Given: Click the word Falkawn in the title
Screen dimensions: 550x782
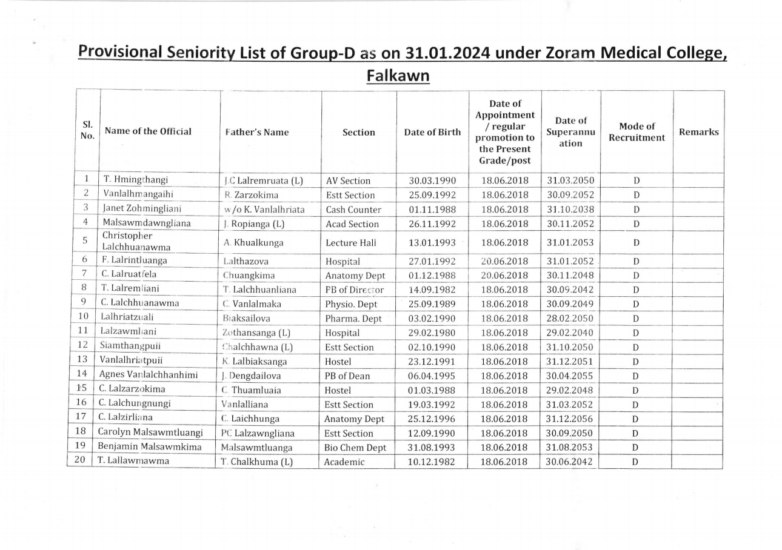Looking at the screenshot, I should tap(398, 76).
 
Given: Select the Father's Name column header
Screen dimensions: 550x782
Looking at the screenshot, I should tap(257, 132).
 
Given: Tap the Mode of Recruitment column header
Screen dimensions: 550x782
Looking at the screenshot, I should tap(637, 132).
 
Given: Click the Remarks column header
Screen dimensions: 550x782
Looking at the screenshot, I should tap(698, 132).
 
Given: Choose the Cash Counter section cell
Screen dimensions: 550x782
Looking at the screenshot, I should tap(353, 210).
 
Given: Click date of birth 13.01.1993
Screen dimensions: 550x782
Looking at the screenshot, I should tap(432, 242).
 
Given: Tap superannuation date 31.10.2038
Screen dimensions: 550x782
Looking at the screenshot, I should tap(570, 210).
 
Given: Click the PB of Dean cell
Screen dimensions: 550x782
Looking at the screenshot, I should tap(348, 376).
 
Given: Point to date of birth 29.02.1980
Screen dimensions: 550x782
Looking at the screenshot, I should tap(432, 333).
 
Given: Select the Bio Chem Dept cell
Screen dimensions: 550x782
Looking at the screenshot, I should tap(355, 448).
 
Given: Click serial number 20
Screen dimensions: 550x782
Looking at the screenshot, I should tap(79, 460).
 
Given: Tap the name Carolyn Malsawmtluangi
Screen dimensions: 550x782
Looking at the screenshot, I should tap(150, 432).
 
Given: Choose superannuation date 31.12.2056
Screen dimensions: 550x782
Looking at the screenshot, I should tap(570, 419).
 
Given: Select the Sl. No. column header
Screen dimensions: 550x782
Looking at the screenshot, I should tap(87, 131).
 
